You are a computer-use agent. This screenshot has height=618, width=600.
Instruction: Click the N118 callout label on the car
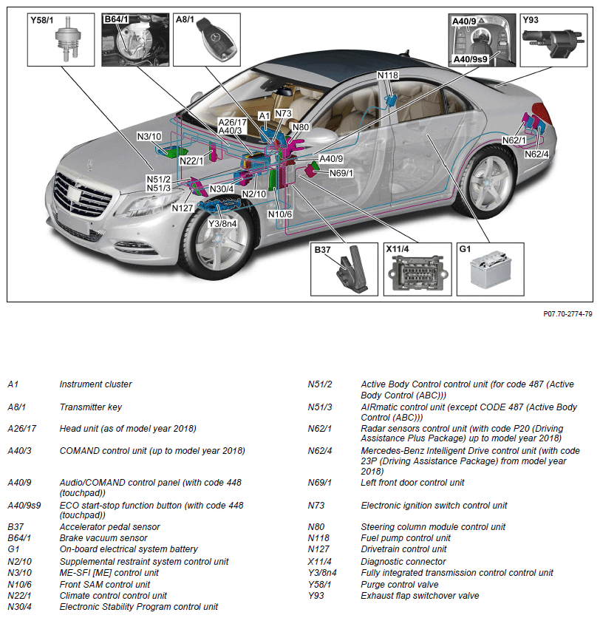(x=387, y=75)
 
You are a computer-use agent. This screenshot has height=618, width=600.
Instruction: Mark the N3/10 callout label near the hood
(x=149, y=137)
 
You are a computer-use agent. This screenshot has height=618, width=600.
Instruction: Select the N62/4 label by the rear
(x=536, y=154)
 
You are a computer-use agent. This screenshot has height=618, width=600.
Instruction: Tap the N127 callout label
(x=183, y=208)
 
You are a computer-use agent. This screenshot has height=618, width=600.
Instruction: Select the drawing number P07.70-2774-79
(x=567, y=314)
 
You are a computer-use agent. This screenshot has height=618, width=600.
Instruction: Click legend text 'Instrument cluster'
(x=95, y=384)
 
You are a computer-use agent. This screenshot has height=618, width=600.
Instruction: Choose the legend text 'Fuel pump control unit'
(x=405, y=538)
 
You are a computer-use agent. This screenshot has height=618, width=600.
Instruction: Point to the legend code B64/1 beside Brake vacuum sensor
(x=20, y=538)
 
